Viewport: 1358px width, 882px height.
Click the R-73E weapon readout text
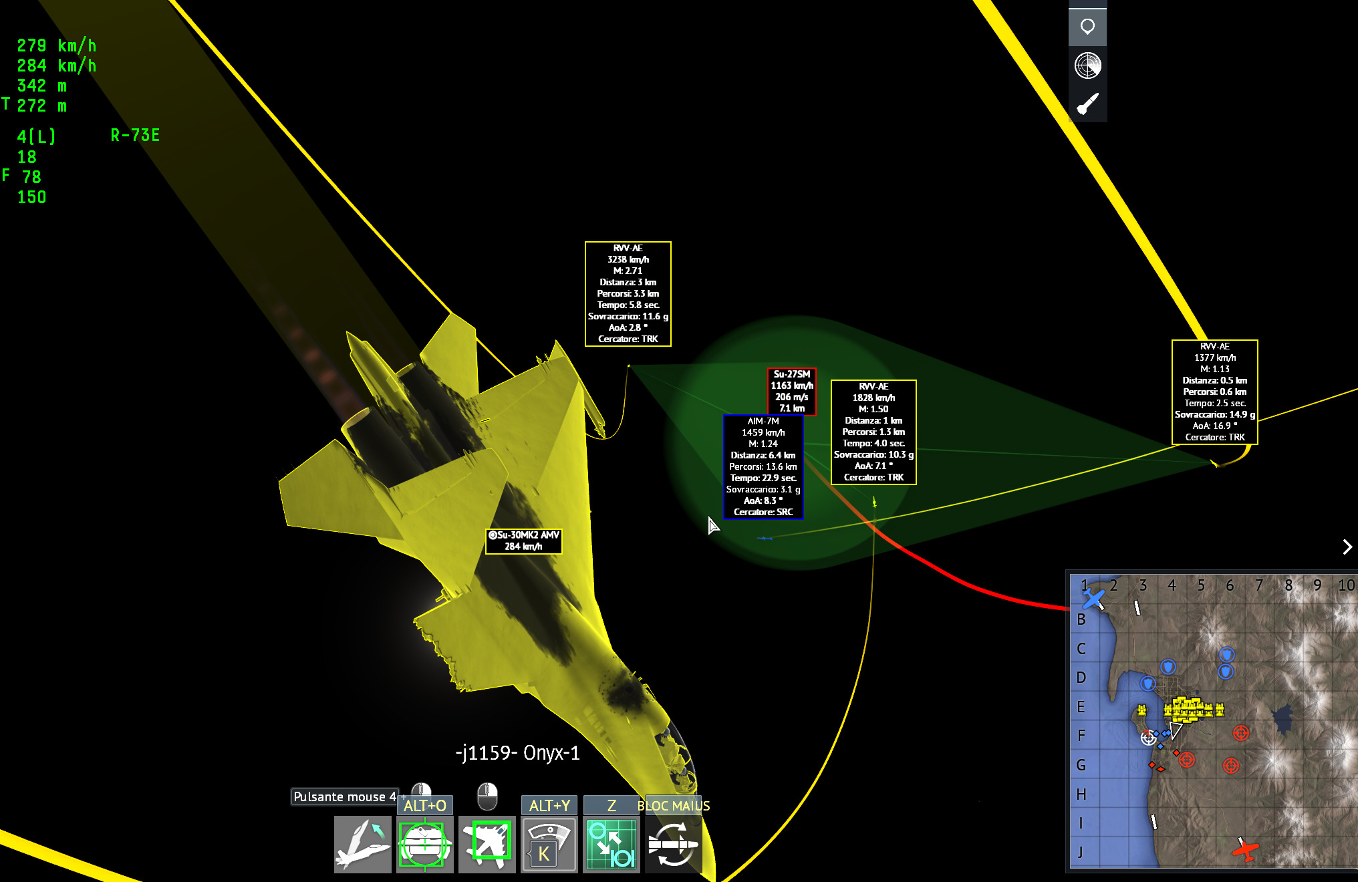(135, 136)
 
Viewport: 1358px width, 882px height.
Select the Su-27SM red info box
(792, 391)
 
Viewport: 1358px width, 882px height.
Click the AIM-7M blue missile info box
(763, 466)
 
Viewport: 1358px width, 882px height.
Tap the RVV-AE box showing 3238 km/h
(628, 293)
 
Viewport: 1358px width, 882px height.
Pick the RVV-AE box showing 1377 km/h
(1215, 392)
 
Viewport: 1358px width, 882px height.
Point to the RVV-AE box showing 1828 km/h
(873, 432)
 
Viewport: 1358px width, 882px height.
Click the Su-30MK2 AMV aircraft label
(524, 541)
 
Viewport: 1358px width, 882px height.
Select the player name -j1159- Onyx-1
(517, 753)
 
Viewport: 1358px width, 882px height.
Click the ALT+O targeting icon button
(424, 845)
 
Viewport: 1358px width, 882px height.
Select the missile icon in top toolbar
(1087, 104)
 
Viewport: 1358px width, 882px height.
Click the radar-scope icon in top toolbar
(1087, 65)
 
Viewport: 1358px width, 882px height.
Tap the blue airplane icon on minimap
(1093, 599)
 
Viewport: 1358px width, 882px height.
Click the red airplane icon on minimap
(1245, 849)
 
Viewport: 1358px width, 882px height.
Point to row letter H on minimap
(1081, 794)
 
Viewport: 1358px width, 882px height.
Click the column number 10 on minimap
(1346, 585)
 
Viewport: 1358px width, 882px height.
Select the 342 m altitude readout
(42, 86)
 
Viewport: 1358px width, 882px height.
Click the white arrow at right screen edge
(1347, 547)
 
